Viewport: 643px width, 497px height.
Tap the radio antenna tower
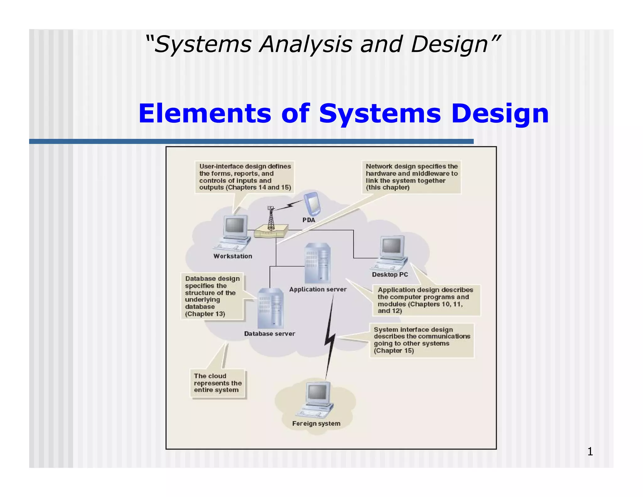point(271,218)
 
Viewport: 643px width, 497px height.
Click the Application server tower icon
point(317,263)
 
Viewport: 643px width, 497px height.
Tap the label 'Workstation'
point(233,256)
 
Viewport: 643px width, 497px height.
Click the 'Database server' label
point(269,334)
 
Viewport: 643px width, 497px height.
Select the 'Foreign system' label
point(316,423)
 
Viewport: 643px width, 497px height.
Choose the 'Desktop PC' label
point(390,275)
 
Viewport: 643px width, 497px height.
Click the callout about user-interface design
point(245,177)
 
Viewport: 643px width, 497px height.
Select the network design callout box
point(411,177)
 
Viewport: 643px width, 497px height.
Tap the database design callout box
point(212,296)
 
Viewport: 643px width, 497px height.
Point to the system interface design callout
point(422,340)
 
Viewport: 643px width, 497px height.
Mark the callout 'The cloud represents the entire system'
point(218,383)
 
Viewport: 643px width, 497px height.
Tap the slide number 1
point(590,451)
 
